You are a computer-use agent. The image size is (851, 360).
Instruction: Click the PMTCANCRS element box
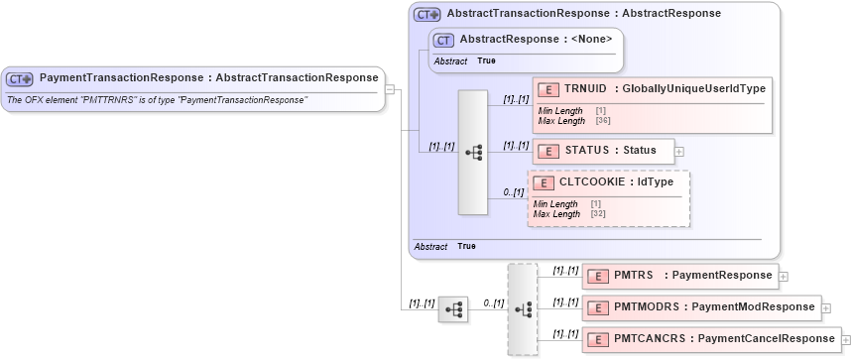click(x=709, y=339)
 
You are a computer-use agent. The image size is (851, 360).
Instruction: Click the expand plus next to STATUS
click(x=679, y=152)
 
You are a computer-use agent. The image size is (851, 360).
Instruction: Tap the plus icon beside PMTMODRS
click(x=826, y=308)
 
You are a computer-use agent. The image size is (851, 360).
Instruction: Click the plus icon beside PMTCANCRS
click(x=846, y=340)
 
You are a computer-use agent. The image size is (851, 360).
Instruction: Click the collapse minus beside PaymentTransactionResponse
click(x=390, y=89)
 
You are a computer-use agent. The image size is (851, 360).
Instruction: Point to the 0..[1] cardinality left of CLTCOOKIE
click(x=514, y=191)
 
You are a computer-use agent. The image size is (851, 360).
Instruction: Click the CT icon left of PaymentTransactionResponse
click(x=20, y=78)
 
